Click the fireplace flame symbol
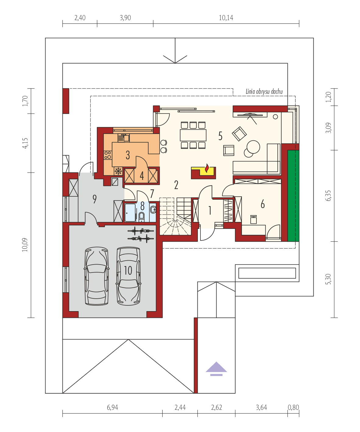[207, 168]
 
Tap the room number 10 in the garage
[128, 270]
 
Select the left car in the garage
[97, 276]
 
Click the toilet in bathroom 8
[142, 216]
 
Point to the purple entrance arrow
[216, 368]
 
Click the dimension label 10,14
[226, 18]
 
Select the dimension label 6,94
[112, 407]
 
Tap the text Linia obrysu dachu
[264, 92]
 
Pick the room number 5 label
[220, 136]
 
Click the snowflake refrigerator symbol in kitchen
[118, 171]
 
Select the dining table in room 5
[193, 135]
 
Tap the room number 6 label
[263, 204]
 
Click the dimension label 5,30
[328, 279]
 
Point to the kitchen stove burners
[108, 155]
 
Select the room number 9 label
[94, 199]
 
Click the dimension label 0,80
[293, 407]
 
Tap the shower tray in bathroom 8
[130, 213]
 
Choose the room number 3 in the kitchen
[128, 155]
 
